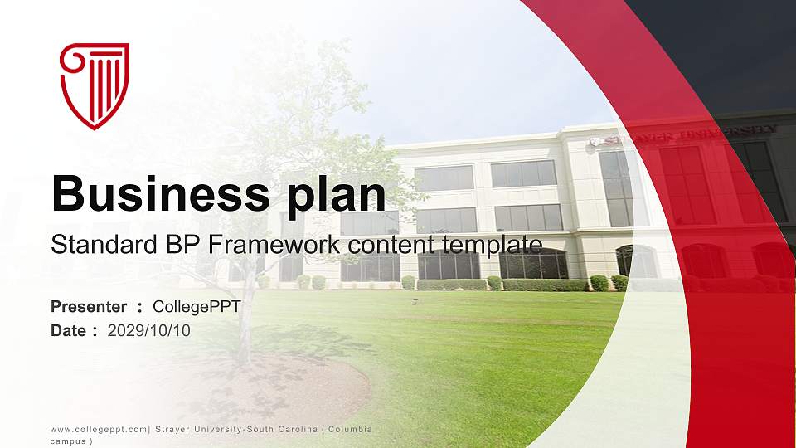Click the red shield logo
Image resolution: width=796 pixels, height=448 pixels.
point(95,85)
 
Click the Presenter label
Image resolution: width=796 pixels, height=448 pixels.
point(89,307)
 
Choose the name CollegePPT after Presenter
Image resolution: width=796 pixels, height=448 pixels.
point(197,307)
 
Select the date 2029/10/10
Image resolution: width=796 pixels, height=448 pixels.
point(149,331)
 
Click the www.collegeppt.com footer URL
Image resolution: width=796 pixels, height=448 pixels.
point(99,429)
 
